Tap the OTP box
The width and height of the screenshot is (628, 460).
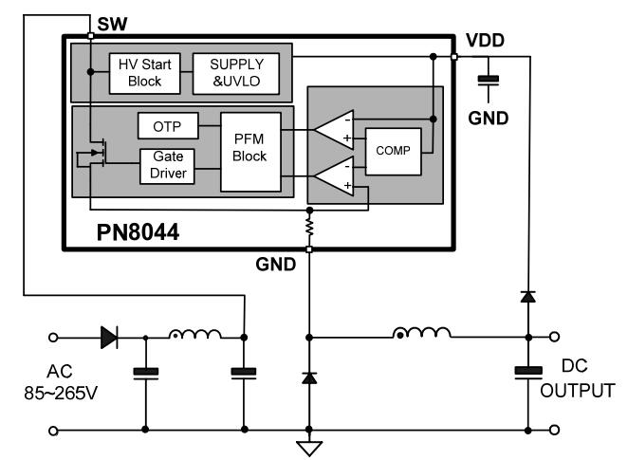pos(167,126)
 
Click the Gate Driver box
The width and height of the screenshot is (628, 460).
pos(167,165)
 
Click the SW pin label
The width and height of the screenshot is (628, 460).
pos(111,22)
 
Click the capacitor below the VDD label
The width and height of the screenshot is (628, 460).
pos(489,83)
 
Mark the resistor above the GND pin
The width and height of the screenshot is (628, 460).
pos(308,228)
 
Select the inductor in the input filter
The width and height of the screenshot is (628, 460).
pos(195,335)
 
